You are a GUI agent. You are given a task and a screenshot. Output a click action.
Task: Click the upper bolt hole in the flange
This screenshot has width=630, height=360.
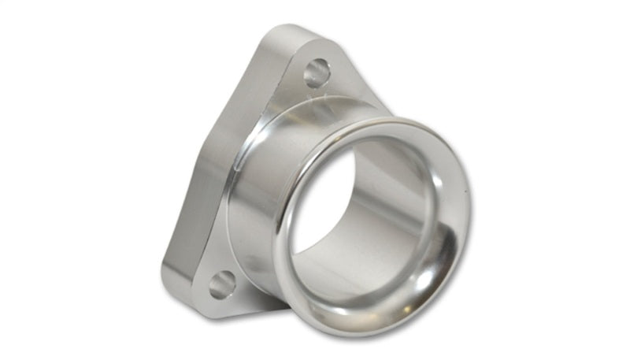[317, 73]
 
